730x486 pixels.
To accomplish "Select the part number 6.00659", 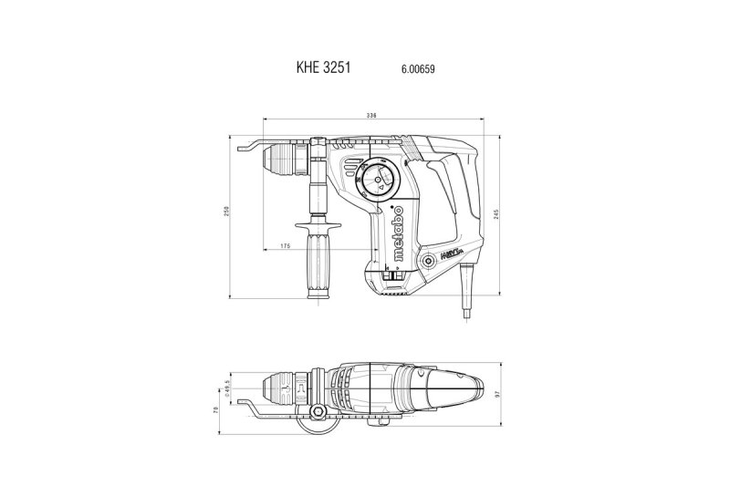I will pos(417,68).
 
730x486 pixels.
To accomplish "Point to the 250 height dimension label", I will pos(227,213).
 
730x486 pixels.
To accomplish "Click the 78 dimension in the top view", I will pos(216,412).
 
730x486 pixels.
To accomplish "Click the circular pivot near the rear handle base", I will pos(428,261).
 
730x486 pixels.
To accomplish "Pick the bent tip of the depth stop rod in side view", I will pos(242,147).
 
